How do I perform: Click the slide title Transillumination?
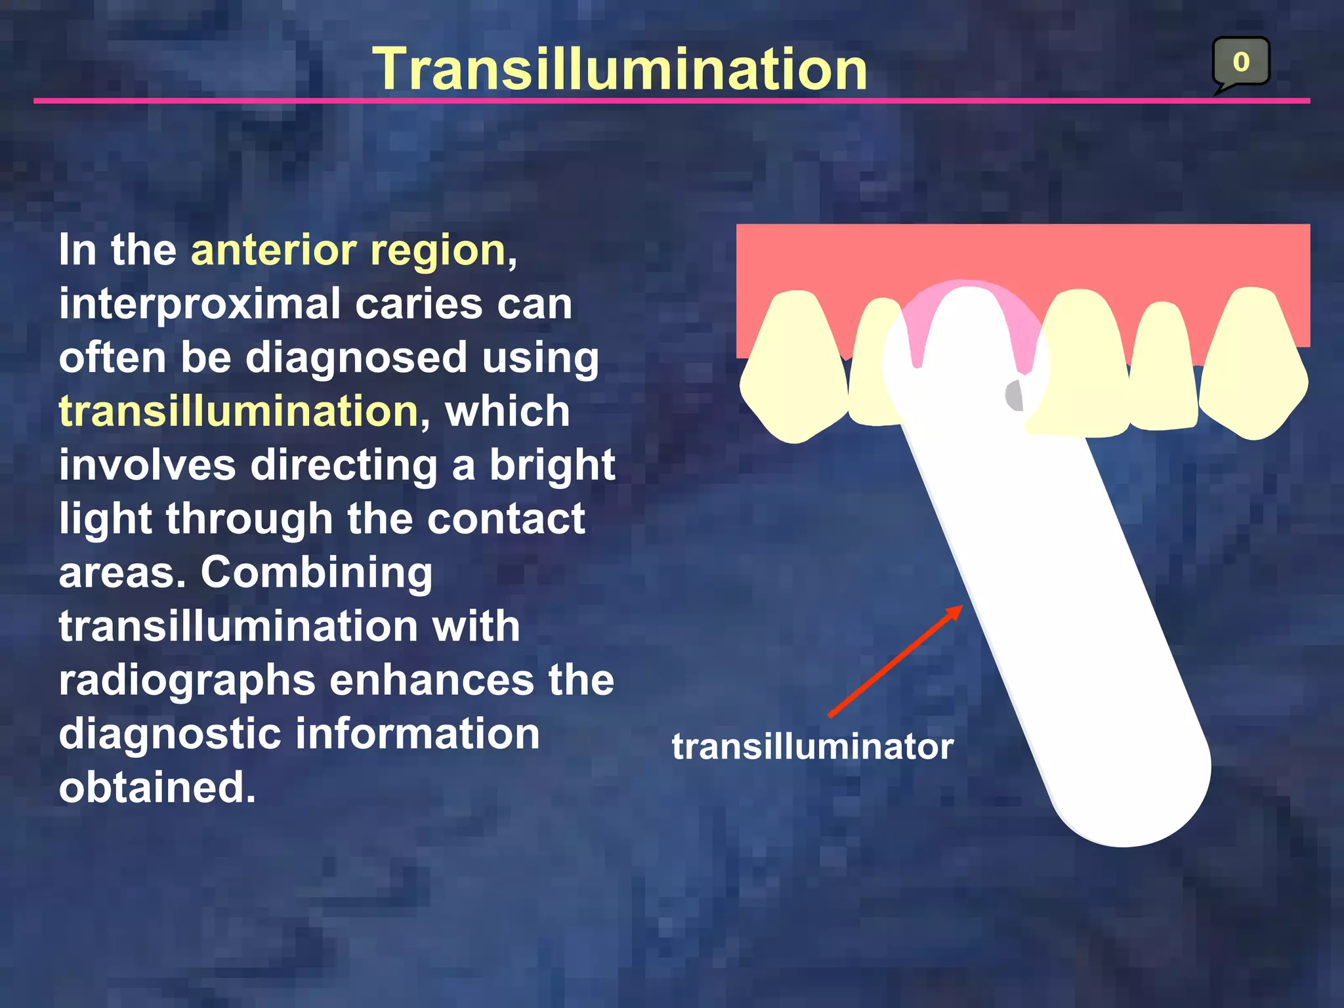click(620, 70)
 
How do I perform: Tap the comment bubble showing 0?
click(1240, 62)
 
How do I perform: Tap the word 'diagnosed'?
click(356, 358)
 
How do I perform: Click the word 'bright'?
click(552, 466)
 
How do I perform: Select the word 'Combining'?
click(316, 573)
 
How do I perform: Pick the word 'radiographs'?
click(187, 681)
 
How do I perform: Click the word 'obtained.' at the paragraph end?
click(157, 787)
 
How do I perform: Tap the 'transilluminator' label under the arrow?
click(812, 747)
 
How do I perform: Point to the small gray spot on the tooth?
click(1015, 395)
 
